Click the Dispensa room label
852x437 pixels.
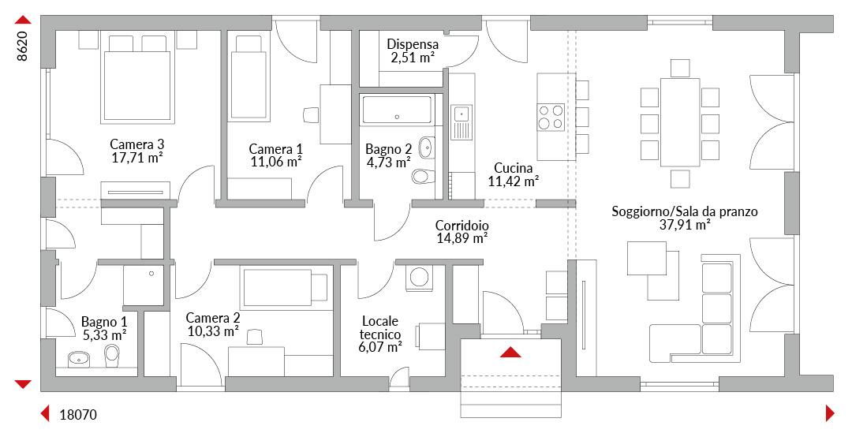pyautogui.click(x=413, y=45)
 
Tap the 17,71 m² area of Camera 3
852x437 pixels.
pyautogui.click(x=137, y=158)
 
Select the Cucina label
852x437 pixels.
pyautogui.click(x=513, y=168)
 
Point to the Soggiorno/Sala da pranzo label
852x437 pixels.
pyautogui.click(x=685, y=211)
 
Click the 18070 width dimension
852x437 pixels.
pyautogui.click(x=78, y=415)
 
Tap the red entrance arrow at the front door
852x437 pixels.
pyautogui.click(x=510, y=353)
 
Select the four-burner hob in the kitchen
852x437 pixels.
pyautogui.click(x=551, y=118)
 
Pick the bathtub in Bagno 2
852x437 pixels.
pyautogui.click(x=397, y=109)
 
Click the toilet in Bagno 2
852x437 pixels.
pyautogui.click(x=423, y=176)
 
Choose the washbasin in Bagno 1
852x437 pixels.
pyautogui.click(x=80, y=358)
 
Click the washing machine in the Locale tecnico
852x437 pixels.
pyautogui.click(x=420, y=277)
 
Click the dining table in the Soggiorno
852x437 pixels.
pyautogui.click(x=680, y=122)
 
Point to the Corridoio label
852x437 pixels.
pyautogui.click(x=461, y=226)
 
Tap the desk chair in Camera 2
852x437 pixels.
pyautogui.click(x=252, y=337)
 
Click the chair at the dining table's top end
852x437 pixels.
pyautogui.click(x=680, y=68)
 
